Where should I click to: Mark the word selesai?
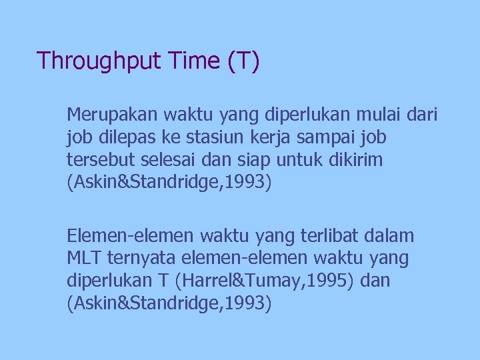[164, 160]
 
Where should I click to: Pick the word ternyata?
[131, 258]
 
